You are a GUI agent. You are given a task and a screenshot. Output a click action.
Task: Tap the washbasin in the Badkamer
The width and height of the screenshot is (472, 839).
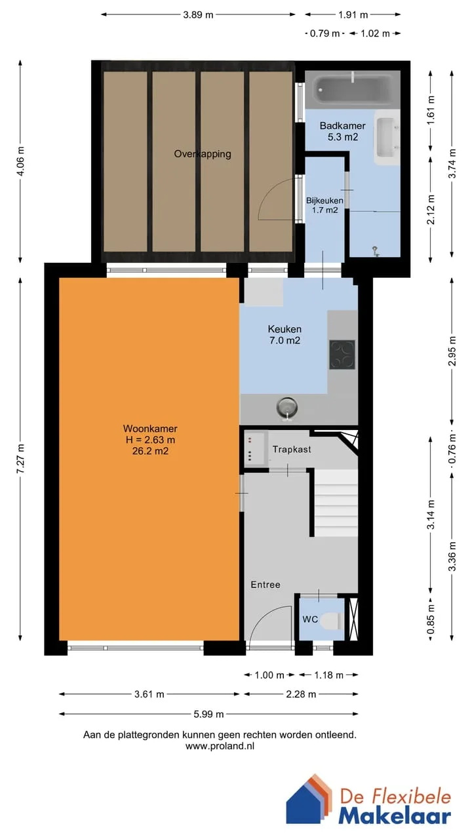tap(387, 137)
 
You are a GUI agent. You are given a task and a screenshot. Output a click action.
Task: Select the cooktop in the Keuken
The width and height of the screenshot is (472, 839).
tap(342, 355)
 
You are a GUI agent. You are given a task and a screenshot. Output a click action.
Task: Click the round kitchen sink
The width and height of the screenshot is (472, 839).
tap(287, 408)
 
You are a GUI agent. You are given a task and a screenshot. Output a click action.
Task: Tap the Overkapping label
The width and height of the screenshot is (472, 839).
tap(203, 154)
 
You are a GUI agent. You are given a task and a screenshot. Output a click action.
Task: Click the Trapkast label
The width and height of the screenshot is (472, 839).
tap(292, 449)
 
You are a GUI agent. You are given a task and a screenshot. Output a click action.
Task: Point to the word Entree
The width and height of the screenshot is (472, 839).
tap(265, 585)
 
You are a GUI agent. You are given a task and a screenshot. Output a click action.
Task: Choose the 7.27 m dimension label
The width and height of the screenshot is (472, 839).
tap(20, 458)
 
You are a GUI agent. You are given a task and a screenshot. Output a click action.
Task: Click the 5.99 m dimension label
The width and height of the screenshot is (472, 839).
tap(208, 714)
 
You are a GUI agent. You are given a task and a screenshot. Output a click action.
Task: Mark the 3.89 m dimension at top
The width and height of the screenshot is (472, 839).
tap(198, 15)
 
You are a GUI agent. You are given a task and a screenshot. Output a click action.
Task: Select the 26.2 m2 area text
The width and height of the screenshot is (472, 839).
tap(150, 451)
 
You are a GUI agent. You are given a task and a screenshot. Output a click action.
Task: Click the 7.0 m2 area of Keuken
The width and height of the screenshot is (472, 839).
tap(285, 340)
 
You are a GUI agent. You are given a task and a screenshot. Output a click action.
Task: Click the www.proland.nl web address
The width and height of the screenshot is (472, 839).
tap(220, 746)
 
